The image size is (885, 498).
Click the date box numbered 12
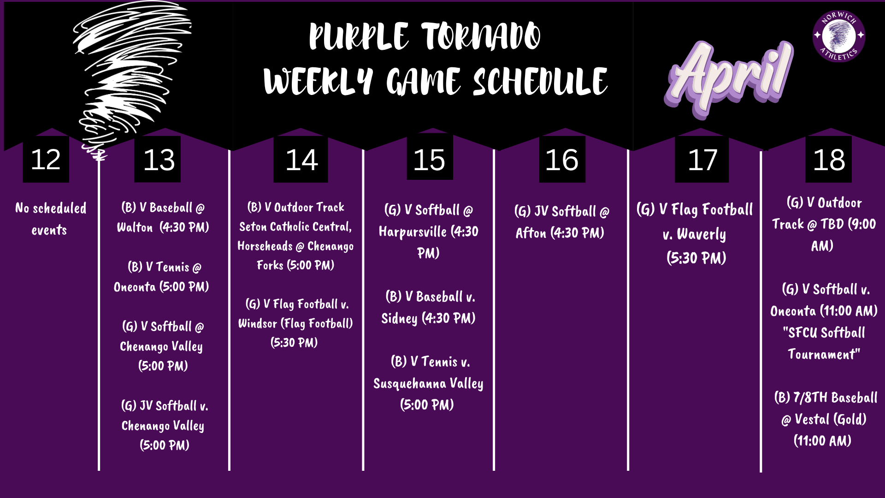46,160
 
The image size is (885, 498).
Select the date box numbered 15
429,160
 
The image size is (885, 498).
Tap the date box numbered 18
828,160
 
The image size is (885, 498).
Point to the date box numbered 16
562,160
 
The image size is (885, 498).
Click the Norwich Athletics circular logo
838,36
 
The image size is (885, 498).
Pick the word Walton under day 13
135,227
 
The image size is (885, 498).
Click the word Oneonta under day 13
135,287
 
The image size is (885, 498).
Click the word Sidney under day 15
399,319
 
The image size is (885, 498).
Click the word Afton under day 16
531,233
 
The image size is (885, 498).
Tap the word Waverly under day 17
701,235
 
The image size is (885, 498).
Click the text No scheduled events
50,219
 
